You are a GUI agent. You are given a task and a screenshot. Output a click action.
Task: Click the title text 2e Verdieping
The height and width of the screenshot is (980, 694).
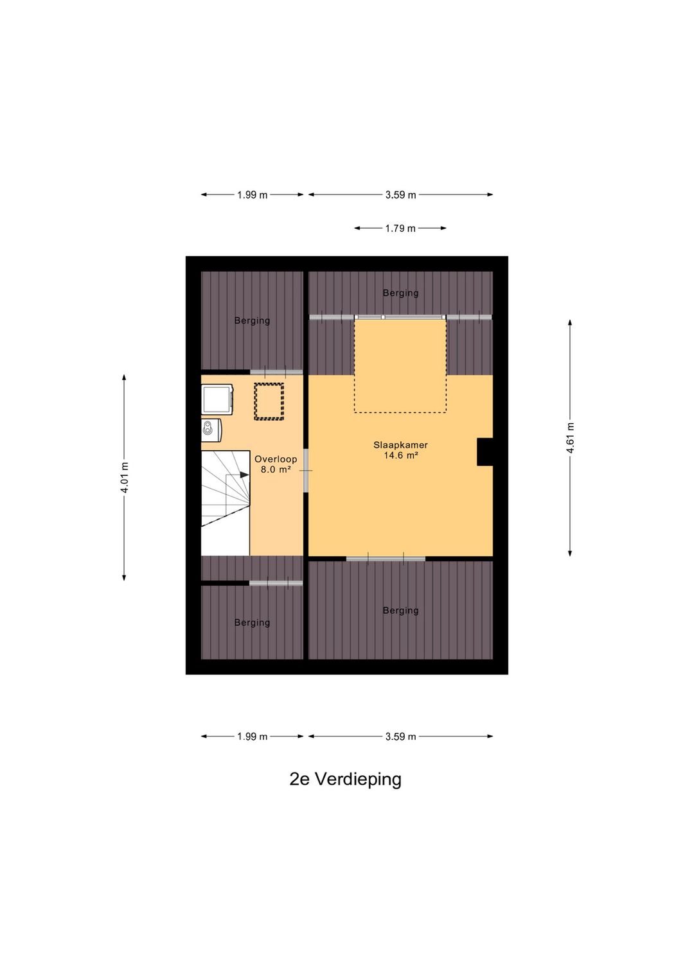pyautogui.click(x=345, y=779)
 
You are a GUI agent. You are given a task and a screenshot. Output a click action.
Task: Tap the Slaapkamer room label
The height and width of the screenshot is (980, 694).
pyautogui.click(x=400, y=444)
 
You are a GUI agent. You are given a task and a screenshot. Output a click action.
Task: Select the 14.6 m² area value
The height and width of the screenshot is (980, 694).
pyautogui.click(x=401, y=455)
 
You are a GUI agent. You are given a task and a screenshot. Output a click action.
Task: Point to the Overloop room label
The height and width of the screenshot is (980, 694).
pyautogui.click(x=276, y=459)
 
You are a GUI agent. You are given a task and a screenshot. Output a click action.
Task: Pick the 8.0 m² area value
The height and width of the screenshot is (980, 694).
pyautogui.click(x=276, y=469)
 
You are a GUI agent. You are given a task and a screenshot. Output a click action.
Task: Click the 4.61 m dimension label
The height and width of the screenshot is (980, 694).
pyautogui.click(x=570, y=437)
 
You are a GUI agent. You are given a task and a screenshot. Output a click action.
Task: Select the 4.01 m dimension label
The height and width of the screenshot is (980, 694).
pyautogui.click(x=125, y=478)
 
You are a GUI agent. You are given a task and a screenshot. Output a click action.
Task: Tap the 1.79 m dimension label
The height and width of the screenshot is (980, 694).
pyautogui.click(x=400, y=228)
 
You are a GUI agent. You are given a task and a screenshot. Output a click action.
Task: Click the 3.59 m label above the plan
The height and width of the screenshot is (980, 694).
pyautogui.click(x=400, y=195)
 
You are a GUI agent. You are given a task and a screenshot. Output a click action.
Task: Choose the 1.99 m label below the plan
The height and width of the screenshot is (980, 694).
pyautogui.click(x=252, y=737)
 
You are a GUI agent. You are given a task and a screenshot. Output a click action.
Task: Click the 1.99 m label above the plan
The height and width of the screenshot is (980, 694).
pyautogui.click(x=252, y=195)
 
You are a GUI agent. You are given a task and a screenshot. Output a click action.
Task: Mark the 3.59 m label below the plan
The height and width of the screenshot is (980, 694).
pyautogui.click(x=400, y=737)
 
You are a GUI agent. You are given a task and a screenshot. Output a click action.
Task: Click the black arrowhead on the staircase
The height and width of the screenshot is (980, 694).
pyautogui.click(x=244, y=475)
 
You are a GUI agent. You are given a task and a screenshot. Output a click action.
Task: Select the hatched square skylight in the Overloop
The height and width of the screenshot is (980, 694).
pyautogui.click(x=269, y=401)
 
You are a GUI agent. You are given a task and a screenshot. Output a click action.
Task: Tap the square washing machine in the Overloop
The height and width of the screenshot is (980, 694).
pyautogui.click(x=217, y=399)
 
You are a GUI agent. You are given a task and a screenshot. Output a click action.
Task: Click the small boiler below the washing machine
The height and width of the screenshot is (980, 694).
pyautogui.click(x=211, y=430)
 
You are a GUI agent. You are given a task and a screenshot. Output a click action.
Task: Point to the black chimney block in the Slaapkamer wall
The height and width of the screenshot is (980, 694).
pyautogui.click(x=485, y=451)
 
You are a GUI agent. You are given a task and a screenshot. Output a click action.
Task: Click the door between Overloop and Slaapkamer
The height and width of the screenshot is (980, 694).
pyautogui.click(x=306, y=471)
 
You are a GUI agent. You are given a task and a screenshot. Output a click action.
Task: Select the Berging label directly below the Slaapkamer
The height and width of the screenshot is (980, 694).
pyautogui.click(x=400, y=610)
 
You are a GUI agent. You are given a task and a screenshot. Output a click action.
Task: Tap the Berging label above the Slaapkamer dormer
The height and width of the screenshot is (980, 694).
pyautogui.click(x=400, y=293)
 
